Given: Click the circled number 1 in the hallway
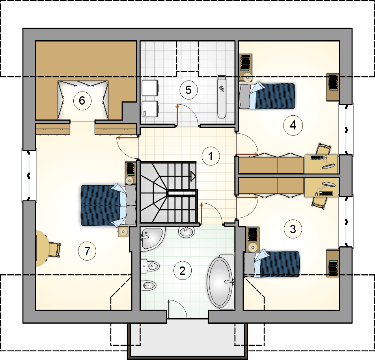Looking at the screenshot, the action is coord(211,156).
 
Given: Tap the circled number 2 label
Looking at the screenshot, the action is coord(182,271).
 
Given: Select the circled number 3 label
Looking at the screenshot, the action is coord(293,229).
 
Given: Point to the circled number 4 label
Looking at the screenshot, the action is coord(293,125).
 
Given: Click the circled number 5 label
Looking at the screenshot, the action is coord(188,90).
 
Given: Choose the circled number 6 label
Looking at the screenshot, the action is coord(82,101).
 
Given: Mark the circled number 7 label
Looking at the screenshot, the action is coord(87,251).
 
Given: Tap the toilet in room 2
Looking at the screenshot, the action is coord(150,266).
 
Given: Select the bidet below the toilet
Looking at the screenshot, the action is coord(148,285).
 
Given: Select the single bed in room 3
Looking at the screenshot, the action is coord(271,264).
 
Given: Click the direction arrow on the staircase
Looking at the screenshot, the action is coord(193,176).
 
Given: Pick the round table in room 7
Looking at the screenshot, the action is coord(43,248).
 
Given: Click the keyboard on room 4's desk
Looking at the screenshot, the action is coord(317,158).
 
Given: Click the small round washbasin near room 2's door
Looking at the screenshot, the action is coord(186,232).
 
